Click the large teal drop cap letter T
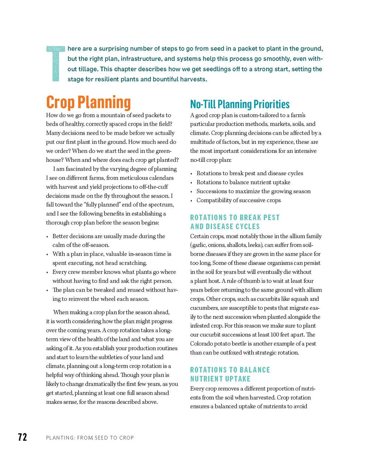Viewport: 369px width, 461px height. [56, 63]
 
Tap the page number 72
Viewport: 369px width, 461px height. [23, 437]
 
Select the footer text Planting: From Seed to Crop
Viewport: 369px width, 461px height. [90, 438]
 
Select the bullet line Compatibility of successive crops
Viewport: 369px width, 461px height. [238, 200]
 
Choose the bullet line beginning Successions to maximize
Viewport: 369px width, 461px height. [253, 191]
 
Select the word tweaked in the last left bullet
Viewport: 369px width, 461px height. [105, 290]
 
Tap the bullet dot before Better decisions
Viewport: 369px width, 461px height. [48, 237]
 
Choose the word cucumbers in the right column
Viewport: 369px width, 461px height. [204, 308]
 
